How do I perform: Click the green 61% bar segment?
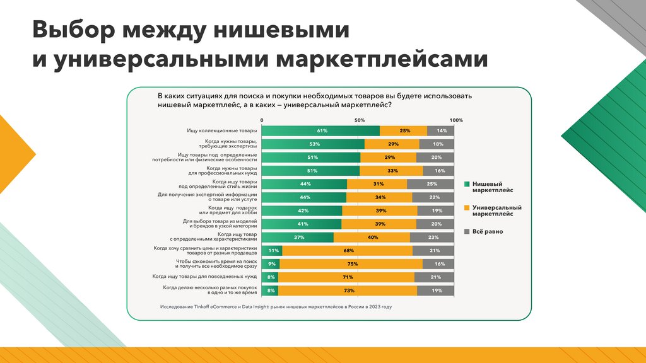point(320,131)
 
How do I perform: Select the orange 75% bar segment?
point(351,264)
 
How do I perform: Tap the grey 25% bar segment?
point(430,184)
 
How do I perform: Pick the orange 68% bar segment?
point(348,251)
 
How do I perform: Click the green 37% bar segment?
point(297,238)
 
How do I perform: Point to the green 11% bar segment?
point(272,251)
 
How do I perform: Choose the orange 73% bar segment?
point(348,291)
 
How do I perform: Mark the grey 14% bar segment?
point(441,131)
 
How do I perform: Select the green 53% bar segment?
point(313,144)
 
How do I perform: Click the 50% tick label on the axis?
point(360,120)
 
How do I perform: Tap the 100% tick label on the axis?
point(456,120)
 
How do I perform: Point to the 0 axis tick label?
point(262,120)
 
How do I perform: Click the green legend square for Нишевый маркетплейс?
point(467,185)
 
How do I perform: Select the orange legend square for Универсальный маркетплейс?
point(467,207)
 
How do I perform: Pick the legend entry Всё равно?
point(490,231)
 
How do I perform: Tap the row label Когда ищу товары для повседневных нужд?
point(204,277)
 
